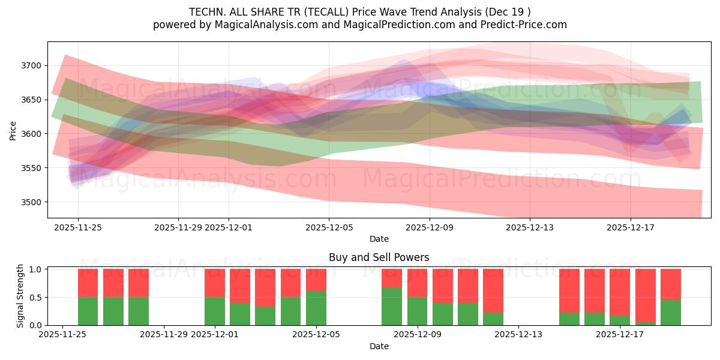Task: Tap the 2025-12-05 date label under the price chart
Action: (328, 228)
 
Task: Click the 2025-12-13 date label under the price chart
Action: (529, 228)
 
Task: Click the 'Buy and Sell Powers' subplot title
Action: (379, 257)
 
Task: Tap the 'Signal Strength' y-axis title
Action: (20, 296)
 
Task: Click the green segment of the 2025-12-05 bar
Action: (316, 308)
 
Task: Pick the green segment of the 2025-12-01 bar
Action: (215, 311)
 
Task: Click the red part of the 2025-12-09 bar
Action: (417, 283)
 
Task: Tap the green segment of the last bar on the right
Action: (671, 313)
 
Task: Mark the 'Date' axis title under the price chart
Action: (379, 239)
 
